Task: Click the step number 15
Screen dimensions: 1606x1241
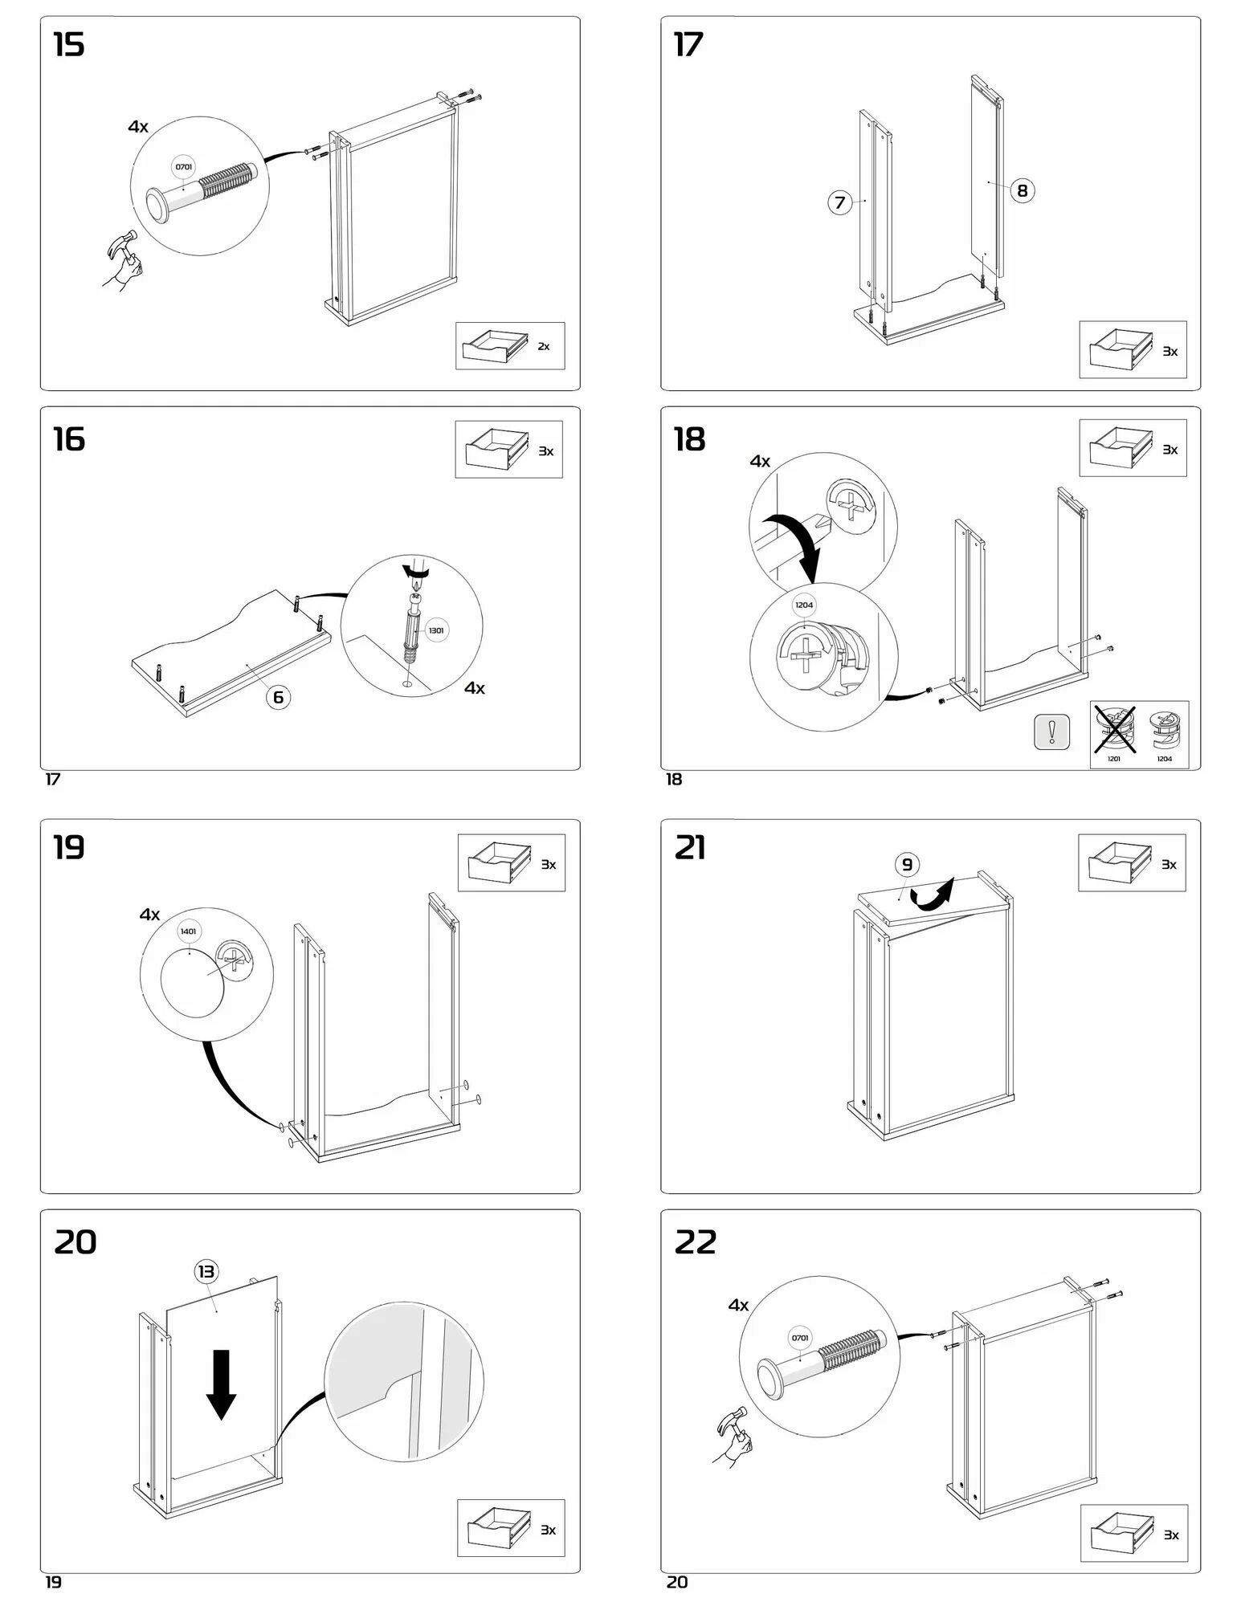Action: [69, 45]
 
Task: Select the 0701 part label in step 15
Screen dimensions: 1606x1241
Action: [184, 167]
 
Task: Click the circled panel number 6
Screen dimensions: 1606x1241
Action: [278, 696]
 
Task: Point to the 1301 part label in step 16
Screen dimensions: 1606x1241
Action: [435, 630]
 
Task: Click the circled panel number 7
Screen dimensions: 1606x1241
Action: [839, 202]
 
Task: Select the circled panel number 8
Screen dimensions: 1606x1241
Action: [1022, 191]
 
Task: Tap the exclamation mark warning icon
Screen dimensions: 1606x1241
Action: [1051, 732]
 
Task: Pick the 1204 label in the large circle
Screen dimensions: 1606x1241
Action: [804, 605]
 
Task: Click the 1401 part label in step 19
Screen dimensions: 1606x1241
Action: [188, 931]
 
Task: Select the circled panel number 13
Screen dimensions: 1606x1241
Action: [206, 1271]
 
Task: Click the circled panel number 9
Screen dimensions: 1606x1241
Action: [907, 865]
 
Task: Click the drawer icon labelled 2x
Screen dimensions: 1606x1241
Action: [496, 345]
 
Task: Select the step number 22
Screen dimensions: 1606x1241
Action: [696, 1243]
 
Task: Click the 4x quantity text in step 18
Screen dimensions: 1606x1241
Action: [760, 462]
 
